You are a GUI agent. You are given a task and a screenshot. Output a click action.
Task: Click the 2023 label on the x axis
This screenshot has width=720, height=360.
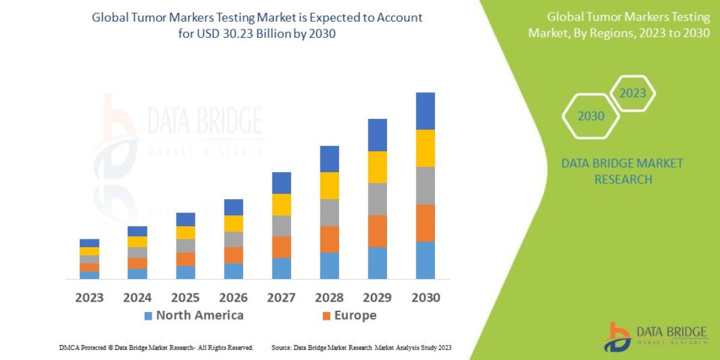point(89,298)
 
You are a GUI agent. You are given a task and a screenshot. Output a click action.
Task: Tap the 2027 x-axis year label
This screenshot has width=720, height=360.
point(281,298)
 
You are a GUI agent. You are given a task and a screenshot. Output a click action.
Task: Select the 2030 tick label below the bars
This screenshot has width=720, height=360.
point(425,298)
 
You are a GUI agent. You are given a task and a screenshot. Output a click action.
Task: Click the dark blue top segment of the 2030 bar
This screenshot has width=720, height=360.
point(425,111)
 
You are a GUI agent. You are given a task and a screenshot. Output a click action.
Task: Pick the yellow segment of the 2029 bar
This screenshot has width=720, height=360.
point(377,167)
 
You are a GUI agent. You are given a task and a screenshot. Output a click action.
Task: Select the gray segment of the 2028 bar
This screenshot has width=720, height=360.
point(329,212)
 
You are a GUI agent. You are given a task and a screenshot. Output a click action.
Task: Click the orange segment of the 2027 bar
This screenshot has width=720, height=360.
point(281,247)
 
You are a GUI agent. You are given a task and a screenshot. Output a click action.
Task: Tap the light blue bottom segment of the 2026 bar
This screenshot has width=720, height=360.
point(233,271)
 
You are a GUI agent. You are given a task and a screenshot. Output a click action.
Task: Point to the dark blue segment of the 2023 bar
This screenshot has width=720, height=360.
point(89,243)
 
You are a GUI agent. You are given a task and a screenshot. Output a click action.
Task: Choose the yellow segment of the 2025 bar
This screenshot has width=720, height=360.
point(185,233)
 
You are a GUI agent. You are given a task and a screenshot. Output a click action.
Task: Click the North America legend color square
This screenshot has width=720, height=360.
point(148,316)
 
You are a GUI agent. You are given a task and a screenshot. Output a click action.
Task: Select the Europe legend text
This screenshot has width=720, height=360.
point(355,316)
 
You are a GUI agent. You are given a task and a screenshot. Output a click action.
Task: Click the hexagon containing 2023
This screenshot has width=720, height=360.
point(632,94)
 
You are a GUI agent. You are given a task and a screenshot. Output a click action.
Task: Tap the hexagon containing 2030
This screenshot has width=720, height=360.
point(591,116)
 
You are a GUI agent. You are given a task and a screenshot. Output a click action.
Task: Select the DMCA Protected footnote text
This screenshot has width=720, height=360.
point(156,347)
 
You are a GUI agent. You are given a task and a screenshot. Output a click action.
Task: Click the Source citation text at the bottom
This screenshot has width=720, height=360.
point(361,347)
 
